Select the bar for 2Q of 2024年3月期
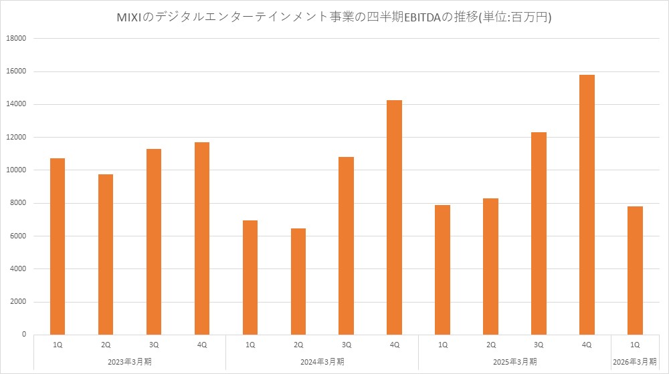point(298,281)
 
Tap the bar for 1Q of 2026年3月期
point(635,270)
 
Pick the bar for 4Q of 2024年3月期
point(394,217)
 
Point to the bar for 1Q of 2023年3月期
point(57,246)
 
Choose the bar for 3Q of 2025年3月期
point(539,233)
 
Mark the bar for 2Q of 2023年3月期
point(105,254)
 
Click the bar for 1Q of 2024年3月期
point(250,277)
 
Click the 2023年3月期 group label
point(129,361)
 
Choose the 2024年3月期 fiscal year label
point(322,361)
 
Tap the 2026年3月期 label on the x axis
point(635,361)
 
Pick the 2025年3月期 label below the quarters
point(514,361)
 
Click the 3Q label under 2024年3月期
point(346,345)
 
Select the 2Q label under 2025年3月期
point(490,345)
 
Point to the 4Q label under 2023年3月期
point(201,345)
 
